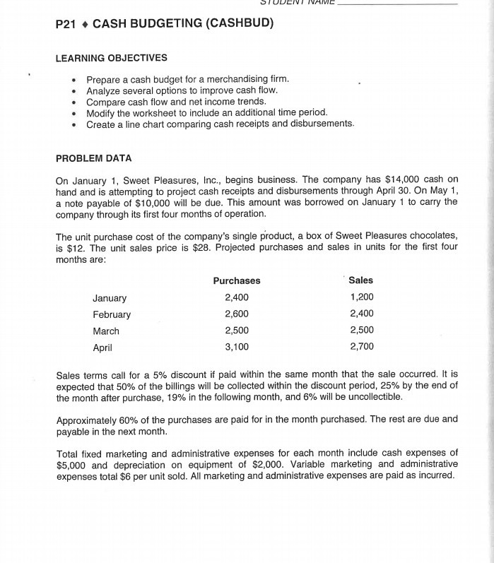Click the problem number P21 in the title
tap(67, 23)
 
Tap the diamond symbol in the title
tap(85, 24)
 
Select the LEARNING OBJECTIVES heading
tap(111, 57)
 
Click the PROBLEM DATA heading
tap(93, 158)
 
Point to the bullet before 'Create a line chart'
tap(74, 124)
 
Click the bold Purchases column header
tap(236, 280)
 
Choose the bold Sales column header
tap(361, 280)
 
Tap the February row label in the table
tap(112, 314)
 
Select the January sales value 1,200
tap(362, 297)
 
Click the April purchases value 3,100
tap(236, 347)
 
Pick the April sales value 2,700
tap(362, 346)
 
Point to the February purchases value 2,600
tap(236, 314)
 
